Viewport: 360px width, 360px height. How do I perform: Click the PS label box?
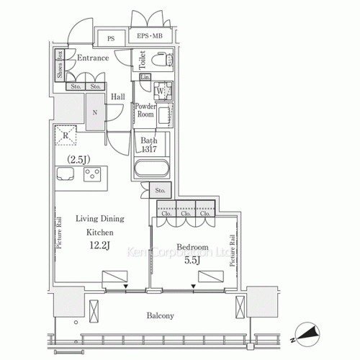[x=112, y=38]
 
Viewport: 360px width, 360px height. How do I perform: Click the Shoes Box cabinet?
[x=60, y=68]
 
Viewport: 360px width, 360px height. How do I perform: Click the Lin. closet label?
[x=145, y=77]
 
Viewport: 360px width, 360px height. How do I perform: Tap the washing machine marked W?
[x=161, y=92]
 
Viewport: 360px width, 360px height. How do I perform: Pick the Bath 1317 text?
[x=150, y=145]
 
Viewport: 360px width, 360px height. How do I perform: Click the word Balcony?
[x=158, y=315]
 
